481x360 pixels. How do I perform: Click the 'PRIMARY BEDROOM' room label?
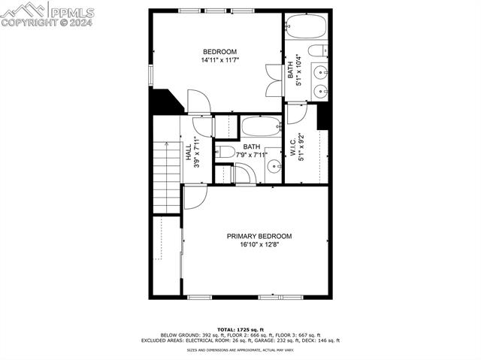click(259, 236)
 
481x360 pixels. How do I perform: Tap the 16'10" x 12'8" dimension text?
click(259, 245)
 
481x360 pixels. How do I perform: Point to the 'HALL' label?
click(188, 153)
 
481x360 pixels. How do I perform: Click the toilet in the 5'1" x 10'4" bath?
click(318, 51)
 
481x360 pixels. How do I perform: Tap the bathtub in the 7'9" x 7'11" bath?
click(261, 126)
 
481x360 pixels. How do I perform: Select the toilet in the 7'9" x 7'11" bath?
click(225, 151)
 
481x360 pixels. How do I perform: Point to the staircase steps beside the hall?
click(166, 177)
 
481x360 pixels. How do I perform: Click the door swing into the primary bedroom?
click(194, 196)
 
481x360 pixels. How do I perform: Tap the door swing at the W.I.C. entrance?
click(296, 113)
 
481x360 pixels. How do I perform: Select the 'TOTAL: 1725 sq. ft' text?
click(240, 329)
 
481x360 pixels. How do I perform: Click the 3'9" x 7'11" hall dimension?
click(197, 153)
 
